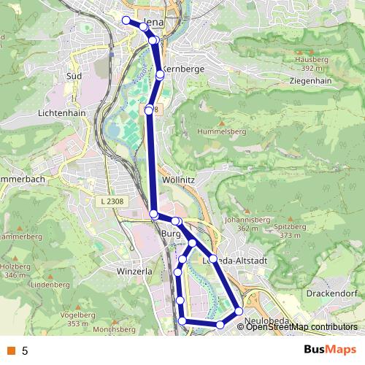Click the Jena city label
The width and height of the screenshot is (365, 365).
162,22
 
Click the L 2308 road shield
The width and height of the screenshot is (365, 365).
111,200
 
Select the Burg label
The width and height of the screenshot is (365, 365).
170,234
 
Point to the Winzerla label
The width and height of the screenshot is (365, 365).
134,272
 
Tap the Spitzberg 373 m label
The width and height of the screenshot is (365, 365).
290,231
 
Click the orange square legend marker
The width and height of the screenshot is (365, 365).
10,350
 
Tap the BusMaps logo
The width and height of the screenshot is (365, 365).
326,350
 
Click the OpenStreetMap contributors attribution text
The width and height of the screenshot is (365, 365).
302,327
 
